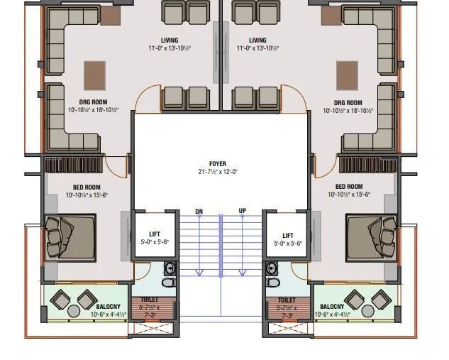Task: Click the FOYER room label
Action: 217,164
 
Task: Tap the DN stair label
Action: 199,212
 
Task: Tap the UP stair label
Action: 242,212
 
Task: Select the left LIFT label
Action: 155,234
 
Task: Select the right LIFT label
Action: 288,235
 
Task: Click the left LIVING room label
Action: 170,40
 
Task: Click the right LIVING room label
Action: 257,40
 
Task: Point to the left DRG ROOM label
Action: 93,103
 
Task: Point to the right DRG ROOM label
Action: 348,103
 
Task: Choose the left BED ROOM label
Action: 87,187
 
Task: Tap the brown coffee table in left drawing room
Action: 95,73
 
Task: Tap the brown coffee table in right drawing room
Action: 347,73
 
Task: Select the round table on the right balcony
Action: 367,310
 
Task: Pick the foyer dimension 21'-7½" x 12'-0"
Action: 217,172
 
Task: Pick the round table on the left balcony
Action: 73,310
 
